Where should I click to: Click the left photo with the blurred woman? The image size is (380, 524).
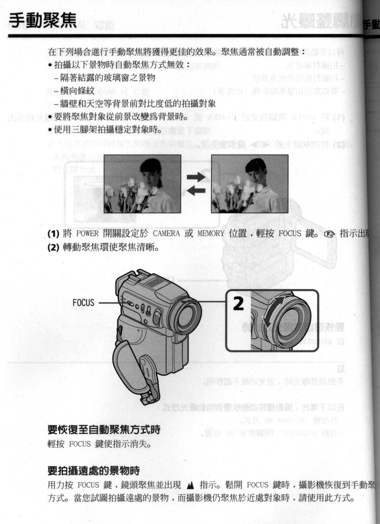pyautogui.click(x=142, y=184)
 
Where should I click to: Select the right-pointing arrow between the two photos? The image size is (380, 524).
pyautogui.click(x=196, y=177)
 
